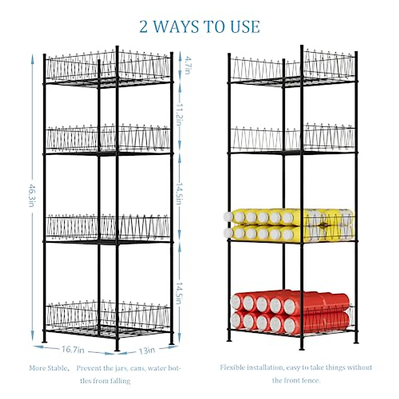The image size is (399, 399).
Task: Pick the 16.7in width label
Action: (x=73, y=350)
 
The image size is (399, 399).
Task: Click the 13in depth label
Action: (x=147, y=350)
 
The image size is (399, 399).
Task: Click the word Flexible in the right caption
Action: (x=232, y=367)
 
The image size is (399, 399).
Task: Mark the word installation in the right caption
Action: (x=265, y=367)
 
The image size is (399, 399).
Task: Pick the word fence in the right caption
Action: (x=311, y=380)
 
